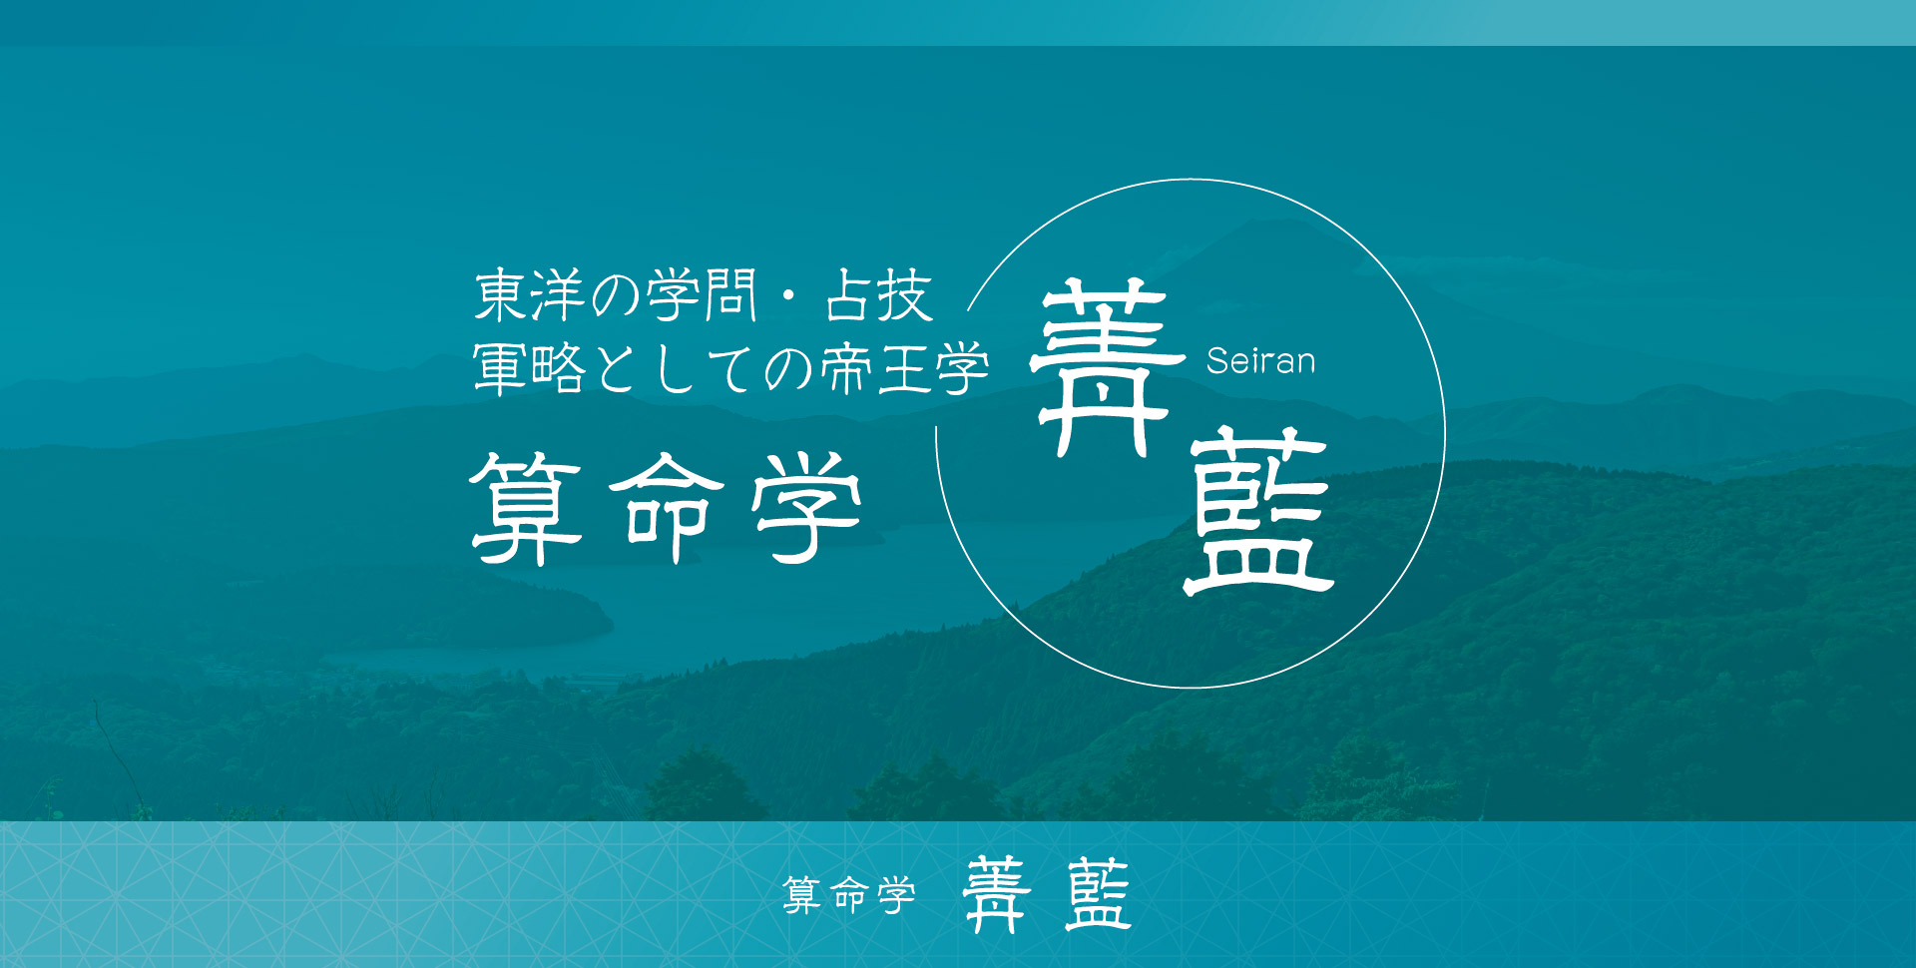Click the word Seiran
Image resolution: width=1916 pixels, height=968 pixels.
point(1260,360)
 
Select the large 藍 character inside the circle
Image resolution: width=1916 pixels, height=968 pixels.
point(1258,512)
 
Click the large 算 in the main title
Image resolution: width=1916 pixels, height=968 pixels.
point(526,508)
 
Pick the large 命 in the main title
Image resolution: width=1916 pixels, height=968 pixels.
point(667,508)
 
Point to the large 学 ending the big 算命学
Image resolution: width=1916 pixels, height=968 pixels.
point(807,508)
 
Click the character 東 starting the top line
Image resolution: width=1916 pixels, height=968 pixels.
point(501,295)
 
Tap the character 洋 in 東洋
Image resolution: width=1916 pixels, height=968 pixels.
point(558,295)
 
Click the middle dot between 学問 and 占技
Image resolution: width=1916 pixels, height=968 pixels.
point(789,296)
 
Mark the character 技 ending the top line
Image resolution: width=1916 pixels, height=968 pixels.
point(905,295)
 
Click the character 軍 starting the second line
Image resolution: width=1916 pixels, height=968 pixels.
point(501,368)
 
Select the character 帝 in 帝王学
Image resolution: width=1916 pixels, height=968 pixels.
point(848,368)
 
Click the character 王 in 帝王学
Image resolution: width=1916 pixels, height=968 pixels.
point(905,369)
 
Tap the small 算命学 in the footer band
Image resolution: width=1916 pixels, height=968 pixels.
point(849,895)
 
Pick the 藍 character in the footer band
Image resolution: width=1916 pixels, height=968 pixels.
point(1098,894)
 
